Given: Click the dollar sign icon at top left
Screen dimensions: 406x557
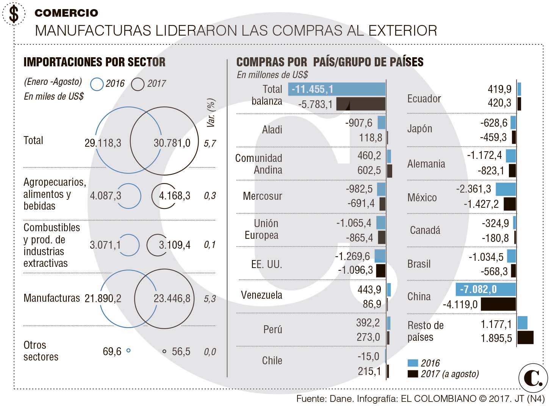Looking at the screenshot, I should [x=14, y=14].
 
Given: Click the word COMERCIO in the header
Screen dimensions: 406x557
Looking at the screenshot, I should [x=66, y=13].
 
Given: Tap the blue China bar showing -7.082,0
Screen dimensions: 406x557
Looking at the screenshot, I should [x=485, y=289].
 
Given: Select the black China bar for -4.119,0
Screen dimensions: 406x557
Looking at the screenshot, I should [x=498, y=304].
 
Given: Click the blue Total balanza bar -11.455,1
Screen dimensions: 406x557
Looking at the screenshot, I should [x=336, y=89].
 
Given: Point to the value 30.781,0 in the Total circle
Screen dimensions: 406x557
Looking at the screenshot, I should [x=172, y=143].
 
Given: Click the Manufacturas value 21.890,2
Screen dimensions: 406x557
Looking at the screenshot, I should [x=103, y=298].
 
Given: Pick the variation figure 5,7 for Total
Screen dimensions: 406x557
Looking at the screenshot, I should [x=210, y=143].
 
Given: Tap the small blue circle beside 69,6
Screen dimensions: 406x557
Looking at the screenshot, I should [x=128, y=351].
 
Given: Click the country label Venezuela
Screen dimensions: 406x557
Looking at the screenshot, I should [x=261, y=295].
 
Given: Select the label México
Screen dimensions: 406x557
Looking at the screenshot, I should [x=422, y=198].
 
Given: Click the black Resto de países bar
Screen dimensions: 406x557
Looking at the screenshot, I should [x=525, y=337].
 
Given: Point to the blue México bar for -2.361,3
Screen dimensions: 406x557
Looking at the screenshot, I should [x=505, y=189].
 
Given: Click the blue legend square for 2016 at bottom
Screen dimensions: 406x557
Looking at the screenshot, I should [x=413, y=363].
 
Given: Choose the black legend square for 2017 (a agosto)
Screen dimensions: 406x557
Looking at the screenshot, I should [x=413, y=374].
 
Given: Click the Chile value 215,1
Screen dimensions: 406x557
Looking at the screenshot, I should [x=369, y=371].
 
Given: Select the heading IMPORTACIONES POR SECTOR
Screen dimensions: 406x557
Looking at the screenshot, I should [x=94, y=62].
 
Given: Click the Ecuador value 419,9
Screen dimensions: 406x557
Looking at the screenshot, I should [x=499, y=89].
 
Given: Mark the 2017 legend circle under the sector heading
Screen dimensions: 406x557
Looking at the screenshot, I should [x=138, y=84].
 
